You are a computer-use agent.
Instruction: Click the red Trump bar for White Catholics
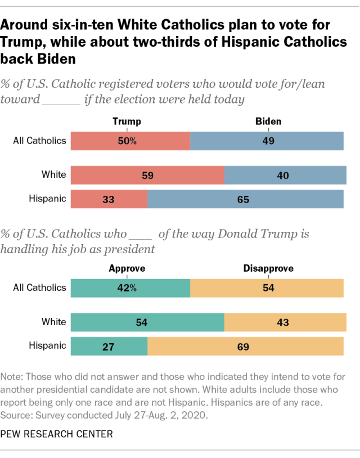coord(147,175)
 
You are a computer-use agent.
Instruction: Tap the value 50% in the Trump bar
coord(127,141)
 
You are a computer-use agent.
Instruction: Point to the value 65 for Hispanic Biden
coord(244,199)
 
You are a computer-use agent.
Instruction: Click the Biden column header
coord(268,121)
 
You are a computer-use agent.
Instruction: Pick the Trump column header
coord(127,121)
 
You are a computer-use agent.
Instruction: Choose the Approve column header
coord(127,268)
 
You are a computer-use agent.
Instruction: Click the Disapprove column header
coord(268,268)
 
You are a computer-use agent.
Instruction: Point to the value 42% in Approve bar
coord(127,288)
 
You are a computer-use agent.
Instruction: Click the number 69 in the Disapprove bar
coord(244,346)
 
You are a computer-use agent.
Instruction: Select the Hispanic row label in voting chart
coord(47,199)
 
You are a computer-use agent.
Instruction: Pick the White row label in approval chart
coord(54,322)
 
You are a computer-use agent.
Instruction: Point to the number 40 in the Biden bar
coord(282,176)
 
